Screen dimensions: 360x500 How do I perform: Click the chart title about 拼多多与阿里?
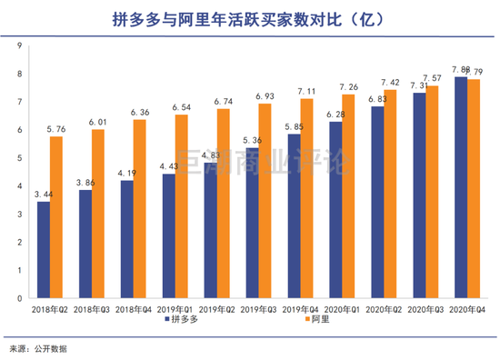[249, 19]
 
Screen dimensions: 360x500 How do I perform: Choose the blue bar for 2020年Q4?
[461, 186]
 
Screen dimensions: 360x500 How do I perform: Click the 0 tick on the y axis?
[17, 297]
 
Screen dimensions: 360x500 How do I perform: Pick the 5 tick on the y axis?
[17, 157]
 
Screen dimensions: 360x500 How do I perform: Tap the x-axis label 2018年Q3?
[92, 308]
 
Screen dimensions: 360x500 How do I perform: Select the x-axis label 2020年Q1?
[342, 308]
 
